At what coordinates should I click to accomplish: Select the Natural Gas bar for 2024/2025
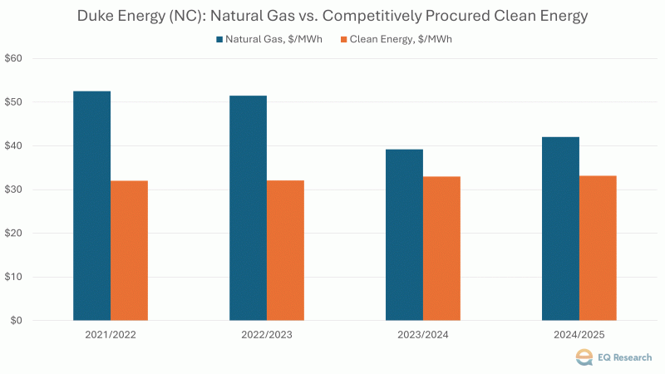coord(560,229)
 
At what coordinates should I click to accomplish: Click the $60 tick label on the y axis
coord(15,59)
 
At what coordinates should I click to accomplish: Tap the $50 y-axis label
coord(15,102)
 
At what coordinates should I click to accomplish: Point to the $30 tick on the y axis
coord(15,189)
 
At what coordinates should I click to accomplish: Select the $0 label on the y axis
coord(17,321)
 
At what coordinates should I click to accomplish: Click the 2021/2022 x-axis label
coord(111,336)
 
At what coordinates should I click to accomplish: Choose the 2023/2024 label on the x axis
coord(423,336)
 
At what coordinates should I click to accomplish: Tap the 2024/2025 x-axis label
coord(579,336)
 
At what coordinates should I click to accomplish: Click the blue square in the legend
coord(219,39)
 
